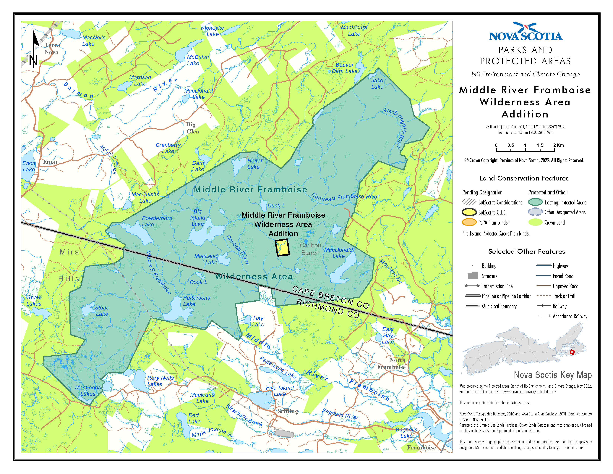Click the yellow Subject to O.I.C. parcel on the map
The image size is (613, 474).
pos(282,247)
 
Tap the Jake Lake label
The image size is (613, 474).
pos(377,84)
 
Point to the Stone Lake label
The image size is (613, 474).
pos(102,311)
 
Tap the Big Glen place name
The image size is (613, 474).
pos(193,128)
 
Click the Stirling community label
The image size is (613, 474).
pos(288,411)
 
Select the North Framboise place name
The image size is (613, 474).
pos(391,363)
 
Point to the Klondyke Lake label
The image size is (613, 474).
pos(213,31)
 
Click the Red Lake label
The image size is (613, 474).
pos(194,418)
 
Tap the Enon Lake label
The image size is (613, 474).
pos(29,166)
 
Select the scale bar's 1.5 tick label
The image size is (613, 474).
pos(540,145)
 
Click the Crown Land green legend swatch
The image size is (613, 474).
pos(535,222)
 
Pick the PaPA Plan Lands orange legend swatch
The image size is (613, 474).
pos(469,222)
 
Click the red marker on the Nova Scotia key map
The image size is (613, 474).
pos(572,352)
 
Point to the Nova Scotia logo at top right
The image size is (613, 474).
pos(526,32)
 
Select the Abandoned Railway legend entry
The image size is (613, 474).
pos(570,316)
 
